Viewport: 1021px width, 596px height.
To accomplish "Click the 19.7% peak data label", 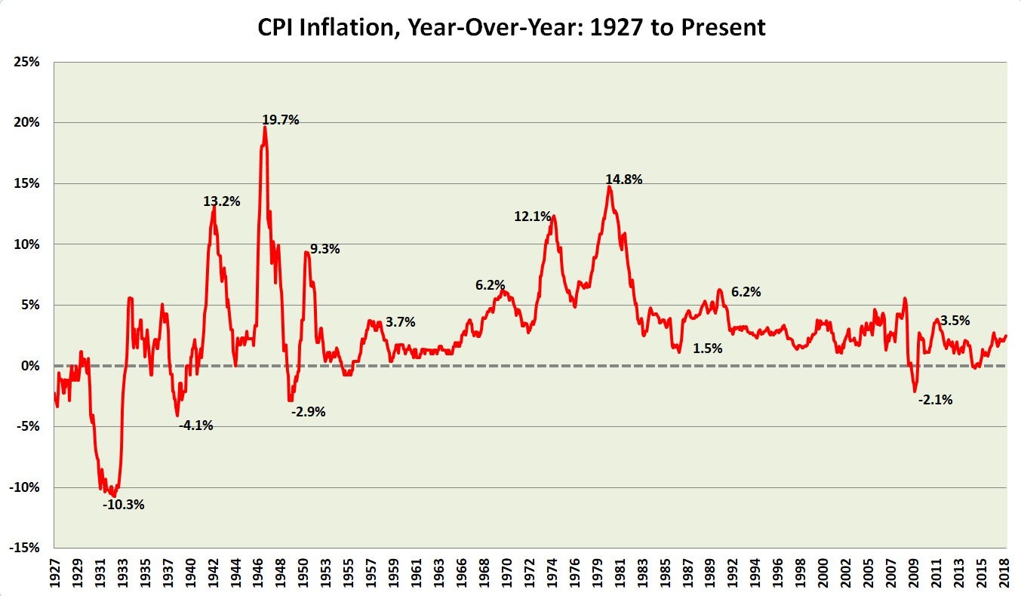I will (x=281, y=119).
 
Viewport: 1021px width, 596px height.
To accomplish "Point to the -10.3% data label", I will (x=123, y=505).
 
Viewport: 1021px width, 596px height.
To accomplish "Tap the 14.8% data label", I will (x=623, y=180).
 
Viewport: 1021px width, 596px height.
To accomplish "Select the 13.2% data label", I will (x=221, y=201).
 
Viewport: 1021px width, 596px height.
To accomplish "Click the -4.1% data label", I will (x=195, y=425).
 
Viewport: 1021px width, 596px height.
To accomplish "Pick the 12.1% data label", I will (x=533, y=217).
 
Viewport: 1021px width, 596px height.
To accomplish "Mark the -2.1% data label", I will (x=935, y=400).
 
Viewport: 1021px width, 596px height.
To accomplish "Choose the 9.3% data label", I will (x=324, y=249).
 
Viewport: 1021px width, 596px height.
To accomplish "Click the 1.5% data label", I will (x=707, y=349).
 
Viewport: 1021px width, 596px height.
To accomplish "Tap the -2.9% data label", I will (x=308, y=412).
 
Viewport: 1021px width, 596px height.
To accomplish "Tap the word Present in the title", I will (x=724, y=28).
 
